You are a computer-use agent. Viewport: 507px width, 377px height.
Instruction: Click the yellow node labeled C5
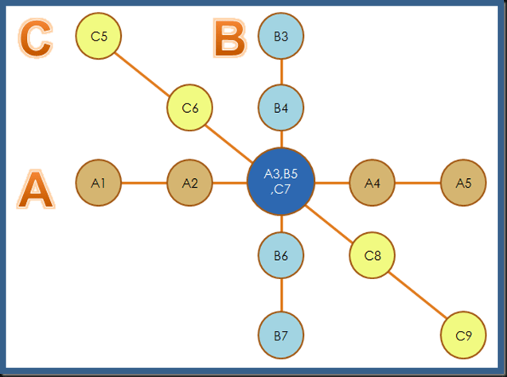[x=99, y=36]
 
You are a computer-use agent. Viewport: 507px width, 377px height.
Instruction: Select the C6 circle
[x=189, y=109]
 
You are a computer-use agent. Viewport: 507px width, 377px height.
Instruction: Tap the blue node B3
[x=281, y=36]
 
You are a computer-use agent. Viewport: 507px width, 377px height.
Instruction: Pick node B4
[x=281, y=109]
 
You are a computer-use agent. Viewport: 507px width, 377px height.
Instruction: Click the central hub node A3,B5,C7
[x=281, y=182]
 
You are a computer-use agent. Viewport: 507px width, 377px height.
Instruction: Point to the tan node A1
[x=99, y=183]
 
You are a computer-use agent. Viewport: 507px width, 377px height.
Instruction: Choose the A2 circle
[x=189, y=183]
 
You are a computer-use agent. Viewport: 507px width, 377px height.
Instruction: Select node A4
[x=372, y=183]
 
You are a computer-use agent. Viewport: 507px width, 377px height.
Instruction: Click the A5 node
[x=463, y=183]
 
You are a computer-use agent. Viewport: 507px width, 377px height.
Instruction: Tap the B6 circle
[x=281, y=255]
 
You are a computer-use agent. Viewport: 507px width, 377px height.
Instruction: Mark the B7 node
[x=281, y=336]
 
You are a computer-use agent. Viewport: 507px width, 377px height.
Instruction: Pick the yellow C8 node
[x=372, y=255]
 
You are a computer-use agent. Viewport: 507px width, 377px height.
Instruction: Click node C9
[x=463, y=336]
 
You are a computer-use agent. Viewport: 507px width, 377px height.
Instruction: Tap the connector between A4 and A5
[x=418, y=183]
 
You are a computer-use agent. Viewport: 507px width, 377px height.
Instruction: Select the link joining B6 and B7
[x=281, y=295]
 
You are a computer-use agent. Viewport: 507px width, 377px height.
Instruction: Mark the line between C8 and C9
[x=418, y=296]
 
